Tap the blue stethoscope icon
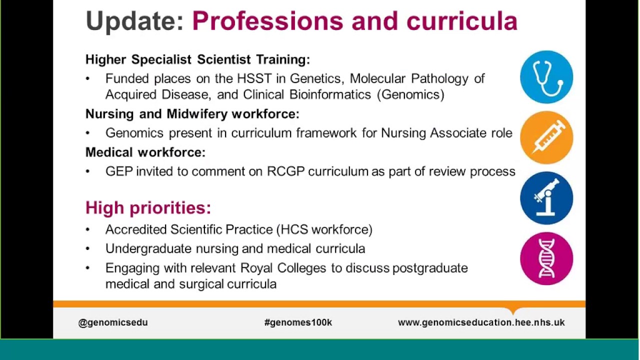point(546,77)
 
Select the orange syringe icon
point(546,137)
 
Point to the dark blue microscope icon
point(546,198)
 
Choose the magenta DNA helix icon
point(546,258)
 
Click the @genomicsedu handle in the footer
point(113,322)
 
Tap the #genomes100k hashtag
point(298,322)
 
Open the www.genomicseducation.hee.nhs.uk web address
point(481,322)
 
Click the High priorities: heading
point(148,207)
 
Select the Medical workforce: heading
point(145,152)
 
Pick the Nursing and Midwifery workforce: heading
point(192,114)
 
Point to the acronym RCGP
point(285,171)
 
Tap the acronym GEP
point(118,171)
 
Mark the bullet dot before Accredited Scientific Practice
point(88,229)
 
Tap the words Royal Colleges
point(283,268)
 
